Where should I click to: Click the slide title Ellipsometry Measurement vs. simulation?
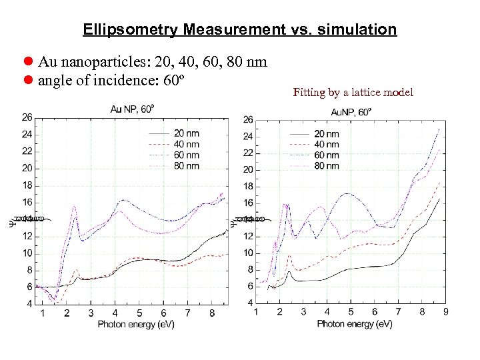tap(240, 30)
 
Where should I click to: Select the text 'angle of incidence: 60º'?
tap(111, 81)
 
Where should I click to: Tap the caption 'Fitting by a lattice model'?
tap(353, 92)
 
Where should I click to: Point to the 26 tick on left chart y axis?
tap(27, 117)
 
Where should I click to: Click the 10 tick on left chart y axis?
tap(27, 253)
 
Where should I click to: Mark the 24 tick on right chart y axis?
tap(247, 136)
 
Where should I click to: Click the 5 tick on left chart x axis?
tap(139, 313)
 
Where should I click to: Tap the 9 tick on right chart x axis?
tap(445, 311)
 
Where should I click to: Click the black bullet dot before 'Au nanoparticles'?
tap(29, 62)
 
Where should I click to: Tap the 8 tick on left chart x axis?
tap(211, 313)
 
